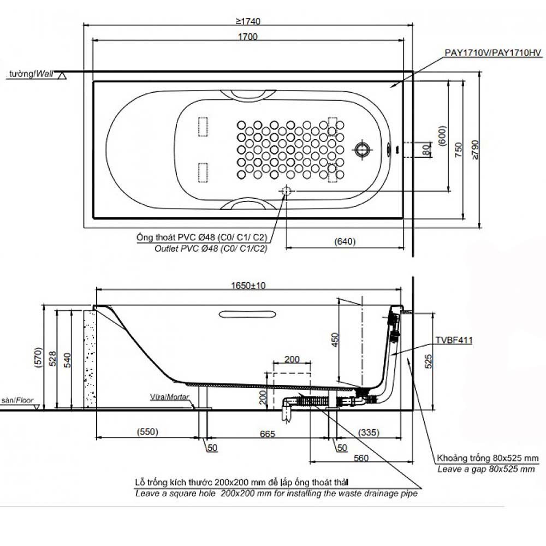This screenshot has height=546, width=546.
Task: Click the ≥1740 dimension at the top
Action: click(x=248, y=21)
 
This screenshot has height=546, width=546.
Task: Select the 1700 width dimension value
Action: click(x=247, y=37)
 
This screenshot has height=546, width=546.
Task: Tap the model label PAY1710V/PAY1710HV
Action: click(x=493, y=52)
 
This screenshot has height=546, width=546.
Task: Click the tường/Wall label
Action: click(x=31, y=74)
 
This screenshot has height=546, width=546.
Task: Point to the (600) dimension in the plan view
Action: click(x=442, y=136)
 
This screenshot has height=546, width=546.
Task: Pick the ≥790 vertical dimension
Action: click(x=475, y=150)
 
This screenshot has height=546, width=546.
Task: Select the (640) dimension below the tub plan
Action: click(x=345, y=241)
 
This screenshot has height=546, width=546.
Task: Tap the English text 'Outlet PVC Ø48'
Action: click(x=186, y=248)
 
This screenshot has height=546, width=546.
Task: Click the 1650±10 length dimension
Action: click(x=248, y=286)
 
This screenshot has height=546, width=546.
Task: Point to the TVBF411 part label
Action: click(x=454, y=340)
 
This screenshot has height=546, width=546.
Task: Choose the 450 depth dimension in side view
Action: click(x=335, y=340)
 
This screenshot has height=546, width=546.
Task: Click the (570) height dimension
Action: click(x=39, y=357)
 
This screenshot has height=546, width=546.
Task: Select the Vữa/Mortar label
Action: click(x=170, y=397)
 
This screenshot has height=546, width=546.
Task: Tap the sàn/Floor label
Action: click(x=17, y=400)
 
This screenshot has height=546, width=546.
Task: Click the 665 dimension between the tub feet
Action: click(x=268, y=434)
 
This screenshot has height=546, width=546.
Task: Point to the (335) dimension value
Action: click(x=369, y=432)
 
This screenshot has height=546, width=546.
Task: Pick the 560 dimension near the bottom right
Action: click(x=361, y=458)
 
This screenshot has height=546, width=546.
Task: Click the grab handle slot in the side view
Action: click(x=247, y=315)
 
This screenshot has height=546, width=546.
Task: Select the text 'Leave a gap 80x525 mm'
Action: click(x=486, y=469)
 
